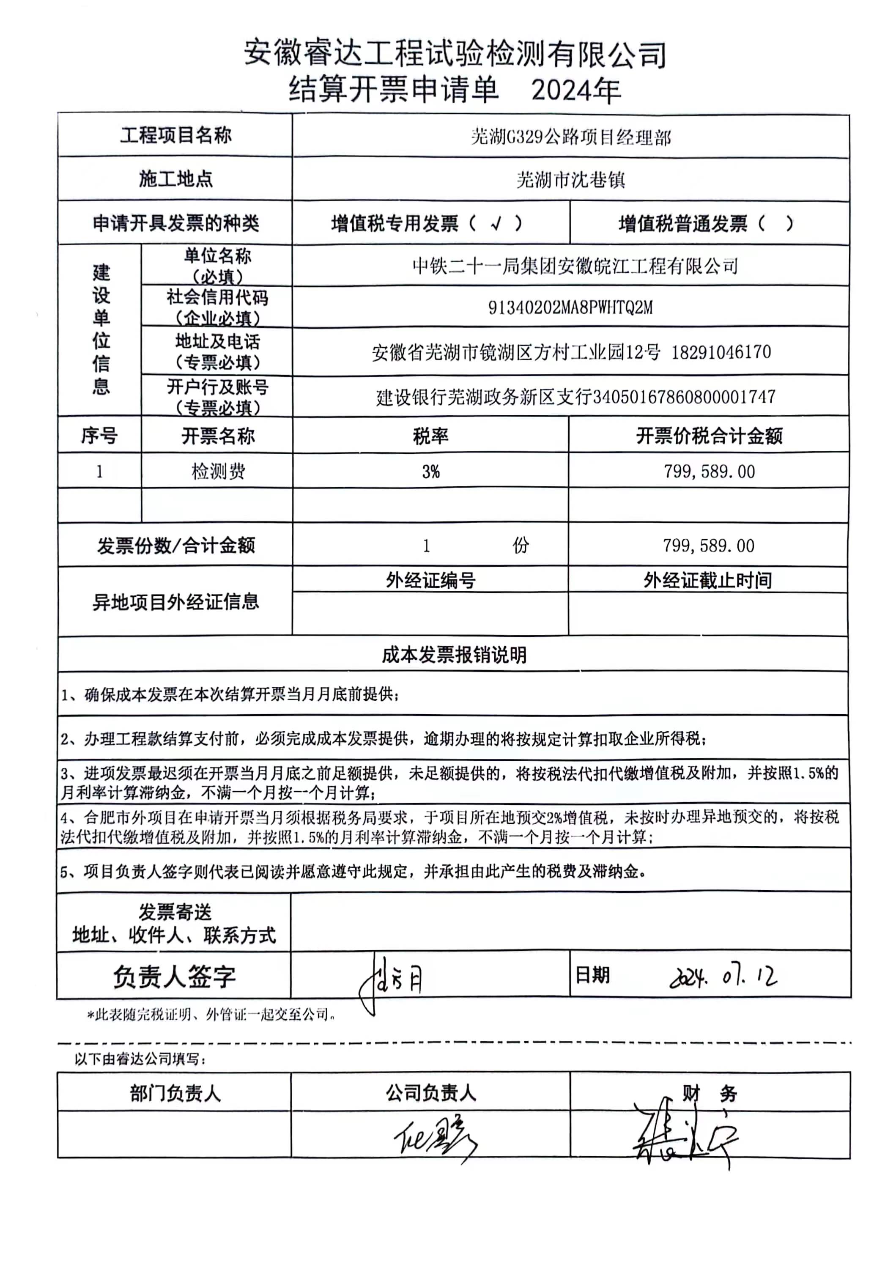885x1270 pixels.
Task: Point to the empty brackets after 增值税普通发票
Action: (775, 223)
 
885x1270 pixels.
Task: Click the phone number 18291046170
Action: (721, 352)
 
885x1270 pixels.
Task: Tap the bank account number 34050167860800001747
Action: (684, 397)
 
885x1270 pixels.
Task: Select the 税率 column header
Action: (430, 436)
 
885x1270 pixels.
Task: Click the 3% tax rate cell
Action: (430, 472)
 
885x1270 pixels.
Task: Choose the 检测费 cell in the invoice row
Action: (218, 472)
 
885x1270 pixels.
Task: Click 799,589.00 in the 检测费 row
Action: (709, 472)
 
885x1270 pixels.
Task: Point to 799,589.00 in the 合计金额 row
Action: (709, 546)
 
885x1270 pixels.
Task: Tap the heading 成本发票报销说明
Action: (454, 656)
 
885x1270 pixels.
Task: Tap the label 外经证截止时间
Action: (707, 580)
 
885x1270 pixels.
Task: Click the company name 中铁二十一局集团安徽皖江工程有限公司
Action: (575, 266)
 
